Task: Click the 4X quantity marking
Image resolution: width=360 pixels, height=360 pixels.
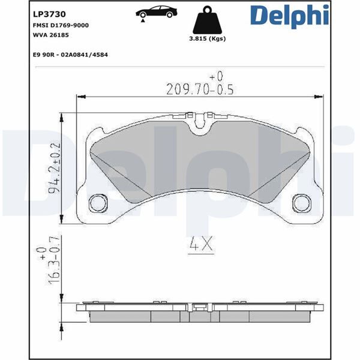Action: [198, 245]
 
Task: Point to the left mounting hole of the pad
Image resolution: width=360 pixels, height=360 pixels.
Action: [96, 203]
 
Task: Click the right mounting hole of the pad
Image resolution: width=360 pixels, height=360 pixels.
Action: [299, 203]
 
